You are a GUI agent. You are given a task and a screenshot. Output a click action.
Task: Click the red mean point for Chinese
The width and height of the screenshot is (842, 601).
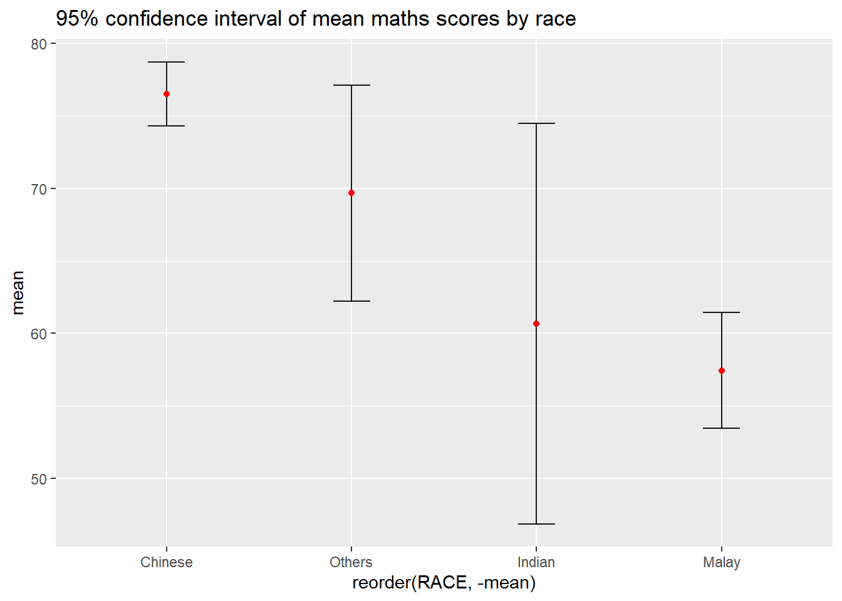[167, 94]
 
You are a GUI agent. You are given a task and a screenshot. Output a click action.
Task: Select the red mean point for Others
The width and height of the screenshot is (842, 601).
[351, 193]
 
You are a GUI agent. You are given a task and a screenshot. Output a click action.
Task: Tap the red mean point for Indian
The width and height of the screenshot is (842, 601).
[536, 324]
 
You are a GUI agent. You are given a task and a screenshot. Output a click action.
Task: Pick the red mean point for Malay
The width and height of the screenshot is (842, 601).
[722, 371]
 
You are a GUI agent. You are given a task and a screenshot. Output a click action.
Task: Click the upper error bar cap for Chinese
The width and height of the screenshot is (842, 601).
[167, 62]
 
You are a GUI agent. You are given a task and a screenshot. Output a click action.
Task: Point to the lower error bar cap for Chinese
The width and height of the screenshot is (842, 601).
[167, 126]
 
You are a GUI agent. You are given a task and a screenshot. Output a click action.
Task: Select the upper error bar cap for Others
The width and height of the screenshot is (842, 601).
[351, 85]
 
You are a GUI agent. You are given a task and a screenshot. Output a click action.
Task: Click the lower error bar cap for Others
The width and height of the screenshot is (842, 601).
[351, 301]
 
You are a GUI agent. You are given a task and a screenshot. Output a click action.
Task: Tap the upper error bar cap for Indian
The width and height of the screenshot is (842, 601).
[536, 123]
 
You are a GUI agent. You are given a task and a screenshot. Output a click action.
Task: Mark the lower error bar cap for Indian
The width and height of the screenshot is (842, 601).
[536, 523]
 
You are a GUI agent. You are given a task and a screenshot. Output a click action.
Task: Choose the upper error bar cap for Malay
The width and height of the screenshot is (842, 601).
[722, 312]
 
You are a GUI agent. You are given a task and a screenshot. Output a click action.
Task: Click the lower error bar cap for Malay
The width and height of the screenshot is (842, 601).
[722, 428]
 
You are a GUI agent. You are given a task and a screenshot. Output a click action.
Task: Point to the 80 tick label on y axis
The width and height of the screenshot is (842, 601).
[39, 44]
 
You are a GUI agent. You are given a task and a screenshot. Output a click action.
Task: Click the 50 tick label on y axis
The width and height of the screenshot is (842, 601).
[39, 479]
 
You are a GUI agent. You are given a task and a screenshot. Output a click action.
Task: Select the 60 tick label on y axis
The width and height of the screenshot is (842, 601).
[39, 334]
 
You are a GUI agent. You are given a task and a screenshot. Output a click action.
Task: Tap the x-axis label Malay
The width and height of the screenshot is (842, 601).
[722, 562]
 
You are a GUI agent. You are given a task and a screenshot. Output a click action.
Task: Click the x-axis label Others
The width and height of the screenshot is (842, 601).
[351, 562]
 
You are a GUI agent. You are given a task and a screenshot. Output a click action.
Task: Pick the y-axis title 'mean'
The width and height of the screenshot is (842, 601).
[18, 292]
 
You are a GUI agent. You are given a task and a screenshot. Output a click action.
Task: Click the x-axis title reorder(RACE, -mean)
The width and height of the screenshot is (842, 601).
[444, 583]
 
